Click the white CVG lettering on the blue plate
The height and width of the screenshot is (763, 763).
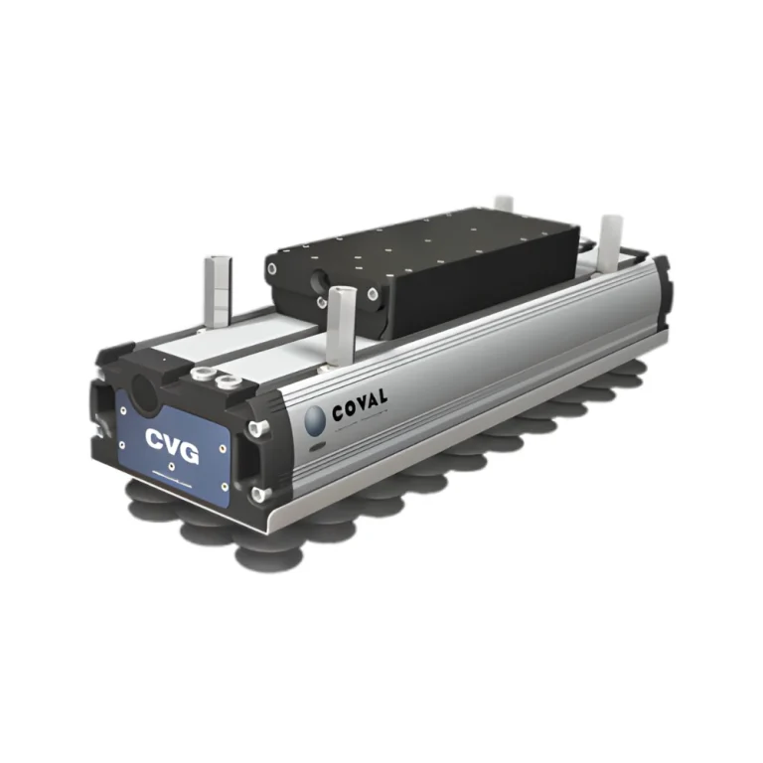click(x=172, y=445)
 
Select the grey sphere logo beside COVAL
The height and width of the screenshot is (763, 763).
click(x=315, y=419)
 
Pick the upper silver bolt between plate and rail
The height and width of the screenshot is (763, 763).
click(x=258, y=427)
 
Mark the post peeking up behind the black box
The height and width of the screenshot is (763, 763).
click(x=505, y=204)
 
